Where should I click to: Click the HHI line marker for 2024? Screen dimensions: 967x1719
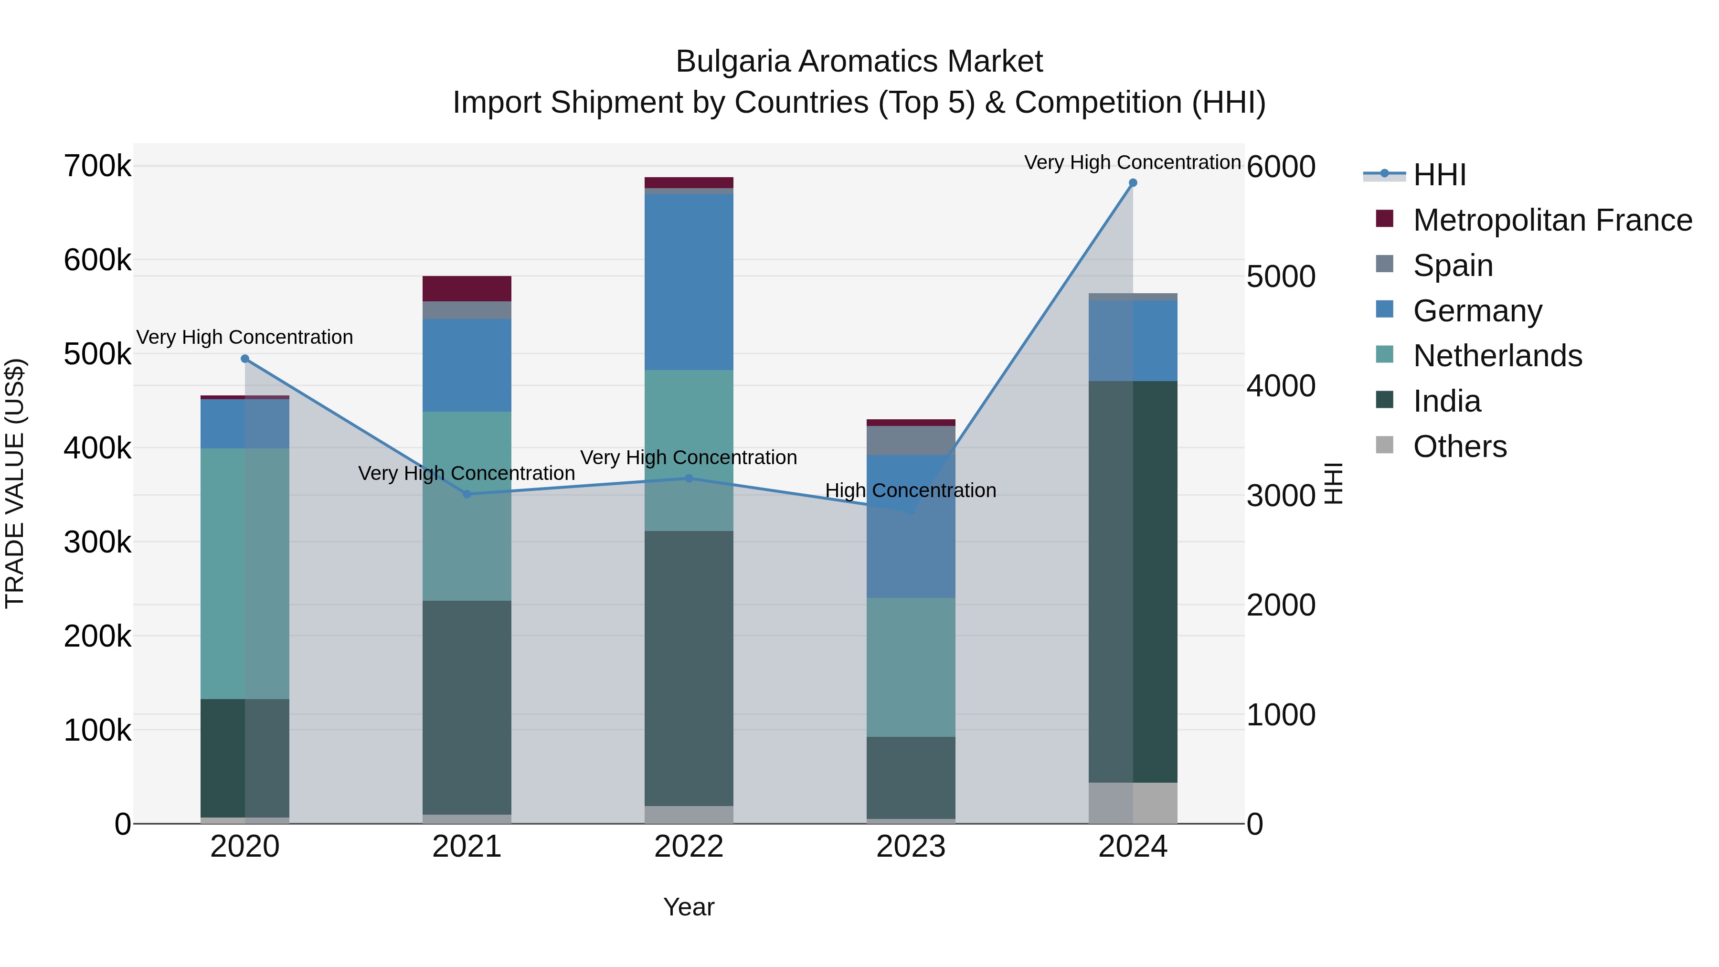click(x=1133, y=183)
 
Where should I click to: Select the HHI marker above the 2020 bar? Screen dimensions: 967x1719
click(x=245, y=359)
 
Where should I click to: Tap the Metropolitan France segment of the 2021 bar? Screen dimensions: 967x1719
click(x=467, y=288)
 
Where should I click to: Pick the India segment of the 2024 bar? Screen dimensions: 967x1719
click(x=1133, y=581)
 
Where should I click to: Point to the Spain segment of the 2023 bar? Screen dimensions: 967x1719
click(x=911, y=440)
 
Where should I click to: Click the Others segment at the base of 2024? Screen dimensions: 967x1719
click(x=1133, y=803)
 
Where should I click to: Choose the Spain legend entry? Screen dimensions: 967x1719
click(x=1452, y=266)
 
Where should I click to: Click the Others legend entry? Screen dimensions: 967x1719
click(x=1459, y=446)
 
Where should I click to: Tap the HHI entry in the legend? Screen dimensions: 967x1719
click(x=1439, y=175)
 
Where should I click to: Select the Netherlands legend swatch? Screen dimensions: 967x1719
click(x=1385, y=356)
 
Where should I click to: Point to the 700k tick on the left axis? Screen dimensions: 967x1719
click(x=97, y=166)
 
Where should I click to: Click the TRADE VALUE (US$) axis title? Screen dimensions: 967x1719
click(x=15, y=483)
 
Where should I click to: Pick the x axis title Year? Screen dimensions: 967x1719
click(x=689, y=907)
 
